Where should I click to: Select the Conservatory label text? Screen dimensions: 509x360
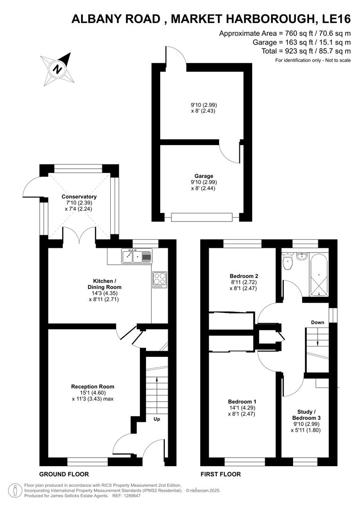(79, 197)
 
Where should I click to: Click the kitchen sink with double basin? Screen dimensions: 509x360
(137, 256)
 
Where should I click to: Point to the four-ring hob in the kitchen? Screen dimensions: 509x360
(159, 280)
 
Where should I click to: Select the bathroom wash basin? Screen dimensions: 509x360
(302, 256)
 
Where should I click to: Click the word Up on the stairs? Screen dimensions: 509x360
(156, 418)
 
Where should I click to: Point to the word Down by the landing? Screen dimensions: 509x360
(317, 322)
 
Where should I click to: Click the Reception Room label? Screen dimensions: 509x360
(93, 386)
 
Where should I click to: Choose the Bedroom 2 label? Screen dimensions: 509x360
(244, 276)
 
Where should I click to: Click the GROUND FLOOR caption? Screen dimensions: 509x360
(64, 474)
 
